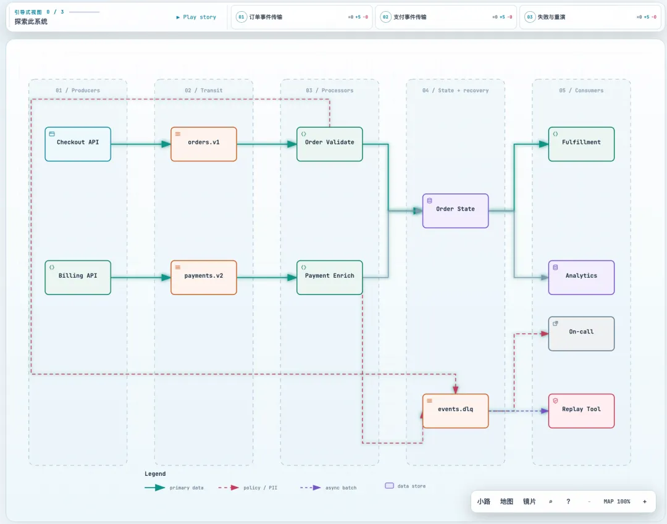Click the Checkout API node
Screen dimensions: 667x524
[78, 144]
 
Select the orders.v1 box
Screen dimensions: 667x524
[204, 144]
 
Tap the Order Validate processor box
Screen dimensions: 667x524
[330, 144]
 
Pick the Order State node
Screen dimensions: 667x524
[456, 211]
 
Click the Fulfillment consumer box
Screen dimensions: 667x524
[582, 144]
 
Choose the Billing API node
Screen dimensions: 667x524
[78, 278]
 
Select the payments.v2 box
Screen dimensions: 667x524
[204, 278]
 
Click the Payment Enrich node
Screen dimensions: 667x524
[330, 278]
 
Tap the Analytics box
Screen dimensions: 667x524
[582, 278]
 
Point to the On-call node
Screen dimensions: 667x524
[582, 334]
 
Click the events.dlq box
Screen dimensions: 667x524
[456, 411]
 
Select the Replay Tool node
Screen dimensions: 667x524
[582, 411]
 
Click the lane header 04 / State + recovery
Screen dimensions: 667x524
[456, 91]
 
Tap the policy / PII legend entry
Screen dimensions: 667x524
[248, 488]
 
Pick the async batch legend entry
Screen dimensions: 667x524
[329, 488]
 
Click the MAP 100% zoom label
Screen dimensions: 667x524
[617, 502]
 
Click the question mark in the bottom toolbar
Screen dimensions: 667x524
[568, 502]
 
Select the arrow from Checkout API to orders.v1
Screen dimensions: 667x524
[141, 144]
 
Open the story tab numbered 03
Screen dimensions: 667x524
[590, 17]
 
